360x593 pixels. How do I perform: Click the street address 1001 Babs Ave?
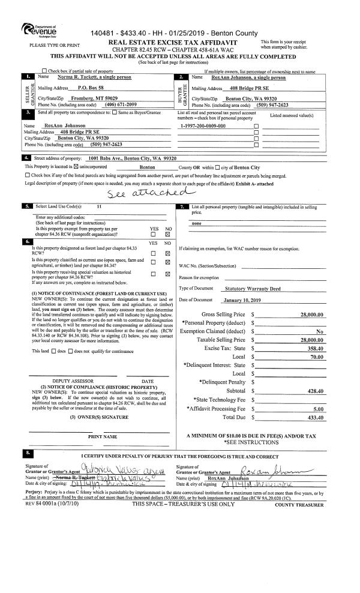click(106, 158)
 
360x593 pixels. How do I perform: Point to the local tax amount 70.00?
click(317, 357)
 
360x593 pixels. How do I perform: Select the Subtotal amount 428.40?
click(316, 391)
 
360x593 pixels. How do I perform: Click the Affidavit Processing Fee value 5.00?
click(319, 408)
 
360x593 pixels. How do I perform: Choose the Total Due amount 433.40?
click(316, 417)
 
